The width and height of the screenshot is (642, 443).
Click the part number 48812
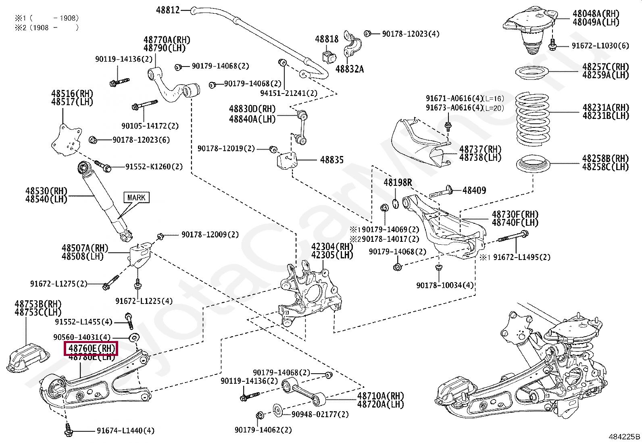tap(168, 10)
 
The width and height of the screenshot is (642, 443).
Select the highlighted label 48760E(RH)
tap(91, 348)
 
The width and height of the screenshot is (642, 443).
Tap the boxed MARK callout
tap(136, 198)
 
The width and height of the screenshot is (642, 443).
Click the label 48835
tap(332, 160)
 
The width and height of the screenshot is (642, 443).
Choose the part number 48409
tap(474, 190)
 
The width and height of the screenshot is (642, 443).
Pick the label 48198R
tap(398, 183)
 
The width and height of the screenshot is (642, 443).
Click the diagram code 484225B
tap(624, 437)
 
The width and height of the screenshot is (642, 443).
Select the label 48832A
tap(349, 69)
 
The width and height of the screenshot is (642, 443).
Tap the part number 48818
tap(327, 39)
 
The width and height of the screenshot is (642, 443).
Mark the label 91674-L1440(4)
tap(125, 431)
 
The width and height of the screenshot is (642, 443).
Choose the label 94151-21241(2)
tap(288, 93)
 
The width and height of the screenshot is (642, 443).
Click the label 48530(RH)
tap(46, 191)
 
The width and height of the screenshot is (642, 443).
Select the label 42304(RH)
tap(331, 247)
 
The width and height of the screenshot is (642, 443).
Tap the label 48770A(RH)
tap(167, 40)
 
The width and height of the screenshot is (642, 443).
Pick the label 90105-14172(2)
tap(150, 126)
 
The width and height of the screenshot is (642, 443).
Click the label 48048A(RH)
tap(596, 14)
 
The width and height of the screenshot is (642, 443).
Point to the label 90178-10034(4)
tap(445, 285)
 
